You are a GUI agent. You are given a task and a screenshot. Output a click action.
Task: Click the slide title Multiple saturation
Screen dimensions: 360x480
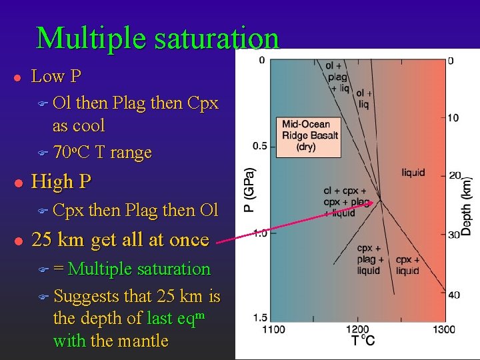click(x=158, y=38)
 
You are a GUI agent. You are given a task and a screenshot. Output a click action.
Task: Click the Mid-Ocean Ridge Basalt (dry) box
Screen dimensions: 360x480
click(x=310, y=135)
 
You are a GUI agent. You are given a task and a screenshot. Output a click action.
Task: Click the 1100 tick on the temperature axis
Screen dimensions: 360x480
click(x=273, y=329)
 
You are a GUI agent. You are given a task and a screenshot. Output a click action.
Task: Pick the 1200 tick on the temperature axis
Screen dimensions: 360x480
click(x=358, y=329)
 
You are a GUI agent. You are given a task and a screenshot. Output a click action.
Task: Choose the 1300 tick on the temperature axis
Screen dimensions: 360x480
click(x=443, y=329)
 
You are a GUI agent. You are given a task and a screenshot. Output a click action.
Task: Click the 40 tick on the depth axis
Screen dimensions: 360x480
click(x=453, y=295)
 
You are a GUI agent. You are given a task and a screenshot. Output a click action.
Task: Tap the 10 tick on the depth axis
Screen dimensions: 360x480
click(x=453, y=118)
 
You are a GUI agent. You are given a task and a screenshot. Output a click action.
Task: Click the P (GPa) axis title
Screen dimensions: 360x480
click(x=248, y=189)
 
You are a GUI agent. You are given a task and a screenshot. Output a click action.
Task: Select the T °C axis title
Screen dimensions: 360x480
click(x=363, y=341)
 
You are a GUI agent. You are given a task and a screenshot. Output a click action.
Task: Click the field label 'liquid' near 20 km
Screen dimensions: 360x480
click(x=413, y=173)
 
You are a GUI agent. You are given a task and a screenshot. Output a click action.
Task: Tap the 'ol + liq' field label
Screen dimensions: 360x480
click(x=364, y=99)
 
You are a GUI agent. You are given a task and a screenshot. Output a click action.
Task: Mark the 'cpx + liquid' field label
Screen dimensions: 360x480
click(x=407, y=265)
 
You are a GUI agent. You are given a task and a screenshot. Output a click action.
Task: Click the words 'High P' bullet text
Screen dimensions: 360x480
click(x=61, y=181)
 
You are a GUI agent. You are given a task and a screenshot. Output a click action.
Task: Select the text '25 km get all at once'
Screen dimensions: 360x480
click(x=121, y=239)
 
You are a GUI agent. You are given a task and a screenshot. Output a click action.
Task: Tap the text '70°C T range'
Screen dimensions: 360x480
click(x=102, y=153)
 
